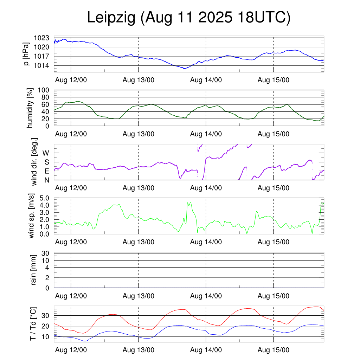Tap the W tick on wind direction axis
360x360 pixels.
[x=46, y=153]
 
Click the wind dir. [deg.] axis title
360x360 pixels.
[x=34, y=162]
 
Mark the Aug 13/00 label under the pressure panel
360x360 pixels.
[x=138, y=80]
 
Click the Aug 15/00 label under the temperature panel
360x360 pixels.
[x=273, y=350]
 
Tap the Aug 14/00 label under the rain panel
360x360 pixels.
[x=206, y=296]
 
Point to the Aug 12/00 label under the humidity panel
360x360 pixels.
[x=71, y=134]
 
